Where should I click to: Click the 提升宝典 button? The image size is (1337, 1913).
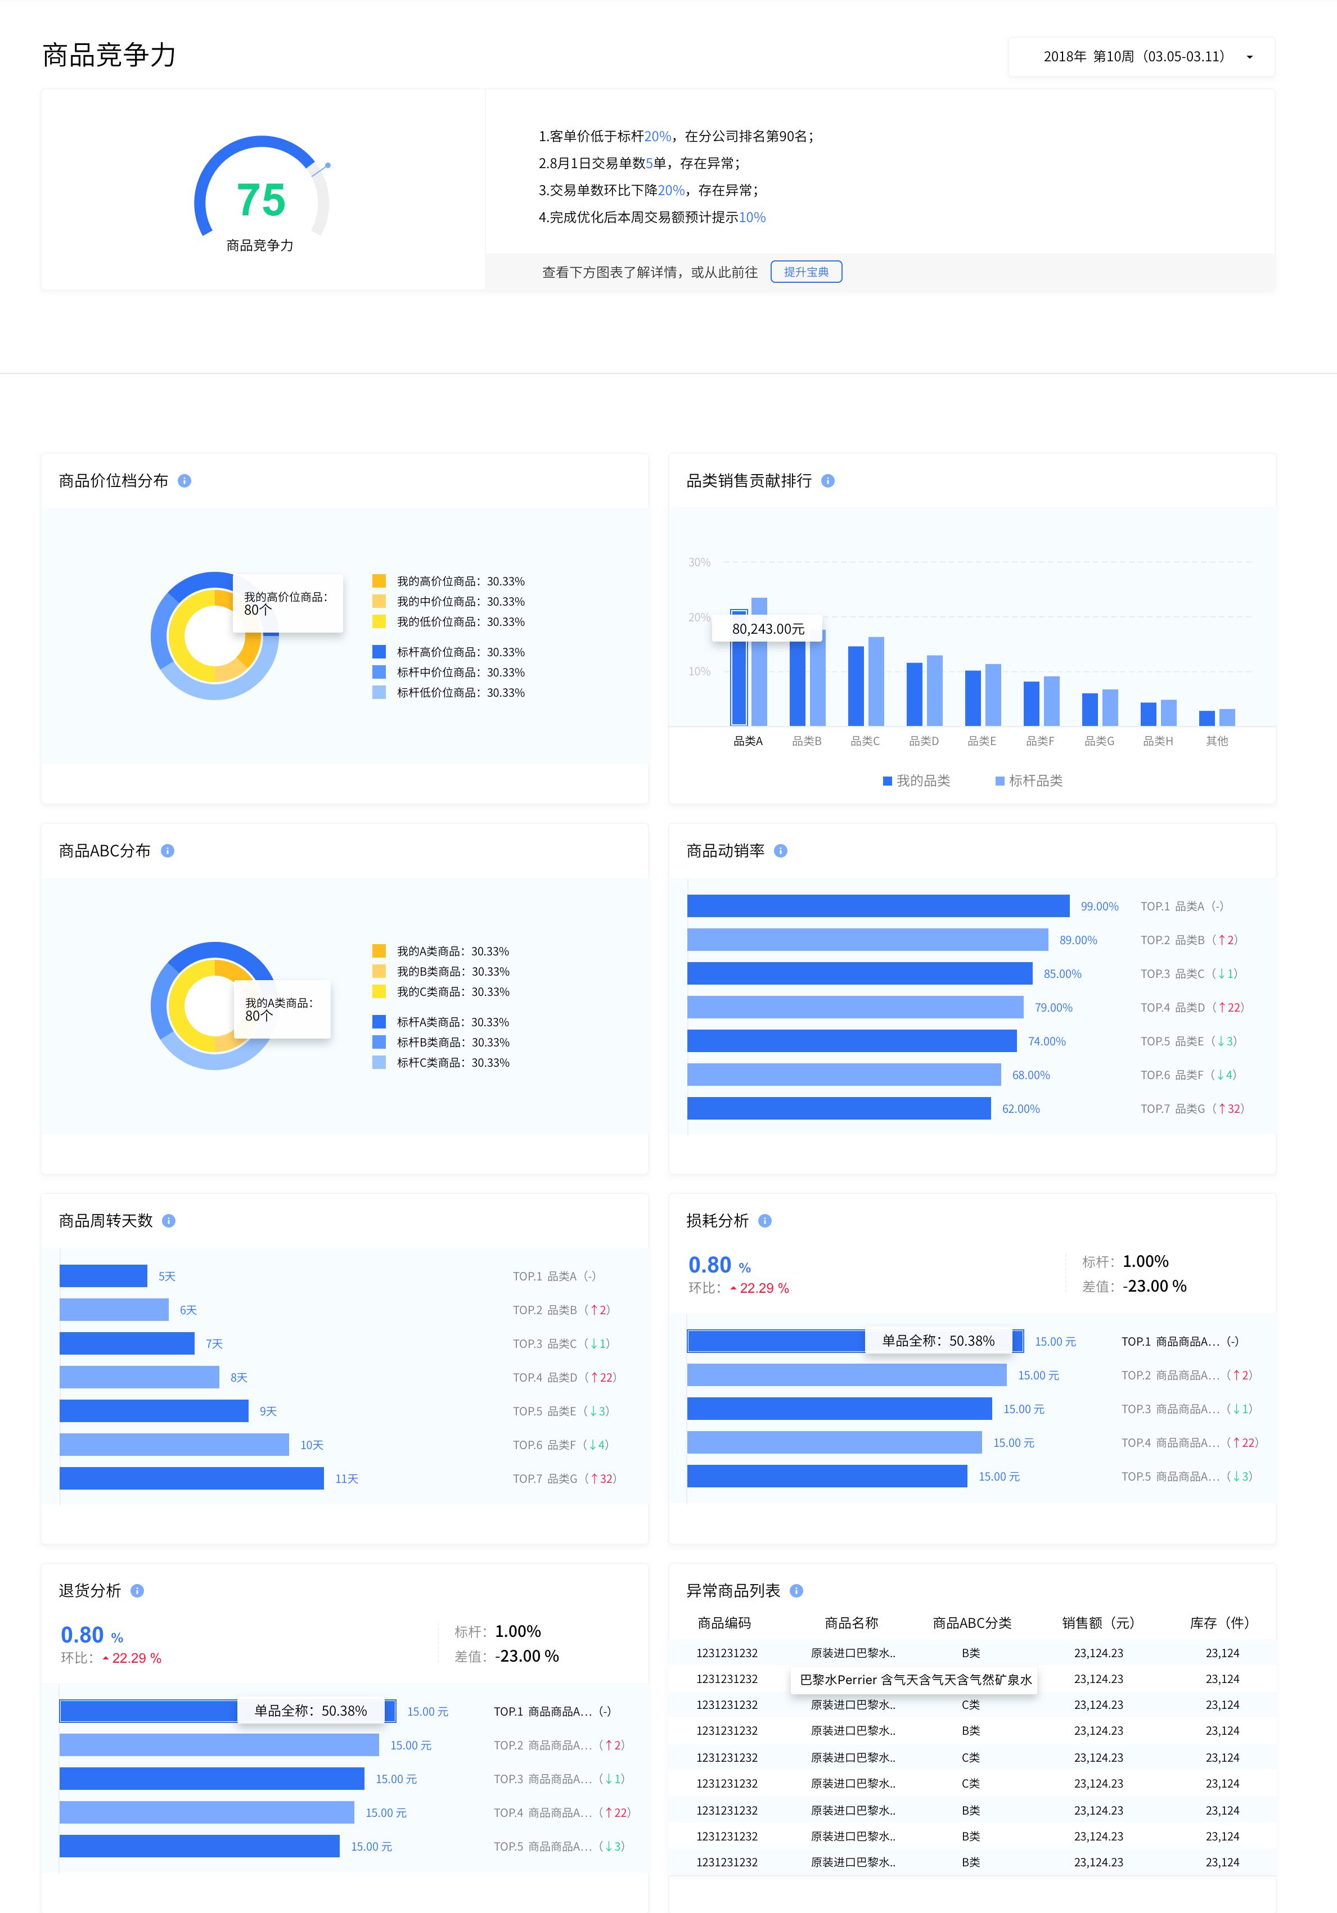coord(806,272)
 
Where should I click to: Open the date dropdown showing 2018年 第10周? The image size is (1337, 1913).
coord(1141,57)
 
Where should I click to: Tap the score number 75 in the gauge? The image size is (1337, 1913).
coord(261,200)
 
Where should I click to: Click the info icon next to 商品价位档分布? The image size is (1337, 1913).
coord(185,481)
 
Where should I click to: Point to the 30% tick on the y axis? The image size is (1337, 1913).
coord(699,562)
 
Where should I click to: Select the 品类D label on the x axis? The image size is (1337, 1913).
coord(924,741)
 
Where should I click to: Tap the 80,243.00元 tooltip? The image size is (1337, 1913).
coord(768,629)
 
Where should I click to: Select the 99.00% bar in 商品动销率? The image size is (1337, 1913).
coord(877,906)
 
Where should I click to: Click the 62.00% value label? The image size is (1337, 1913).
coord(1020,1109)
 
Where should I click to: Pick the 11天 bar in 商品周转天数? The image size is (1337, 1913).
coord(192,1479)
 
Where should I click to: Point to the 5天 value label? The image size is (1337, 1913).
coord(166,1276)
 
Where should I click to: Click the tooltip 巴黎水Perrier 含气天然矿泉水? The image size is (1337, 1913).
coord(915,1680)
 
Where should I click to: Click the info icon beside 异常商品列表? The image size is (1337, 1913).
coord(796,1591)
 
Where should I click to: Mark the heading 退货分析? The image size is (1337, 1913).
coord(90,1591)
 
